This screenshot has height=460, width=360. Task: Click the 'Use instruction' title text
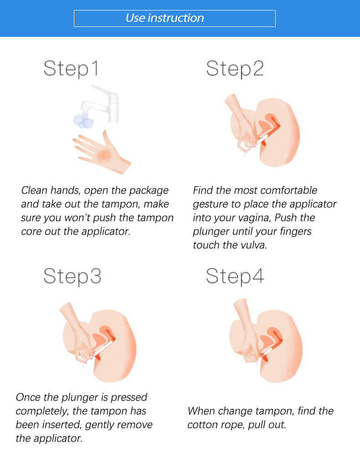point(165,18)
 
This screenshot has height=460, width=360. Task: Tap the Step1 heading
point(71,69)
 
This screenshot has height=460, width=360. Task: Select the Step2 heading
point(235,69)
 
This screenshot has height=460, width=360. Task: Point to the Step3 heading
point(72,276)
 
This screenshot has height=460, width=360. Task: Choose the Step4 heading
point(235,276)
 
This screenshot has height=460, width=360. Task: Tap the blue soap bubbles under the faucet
point(83,121)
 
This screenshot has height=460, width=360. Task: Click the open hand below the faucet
point(102,153)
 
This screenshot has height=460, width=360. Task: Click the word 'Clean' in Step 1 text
point(34,191)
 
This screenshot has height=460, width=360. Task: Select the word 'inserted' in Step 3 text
point(62,425)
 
